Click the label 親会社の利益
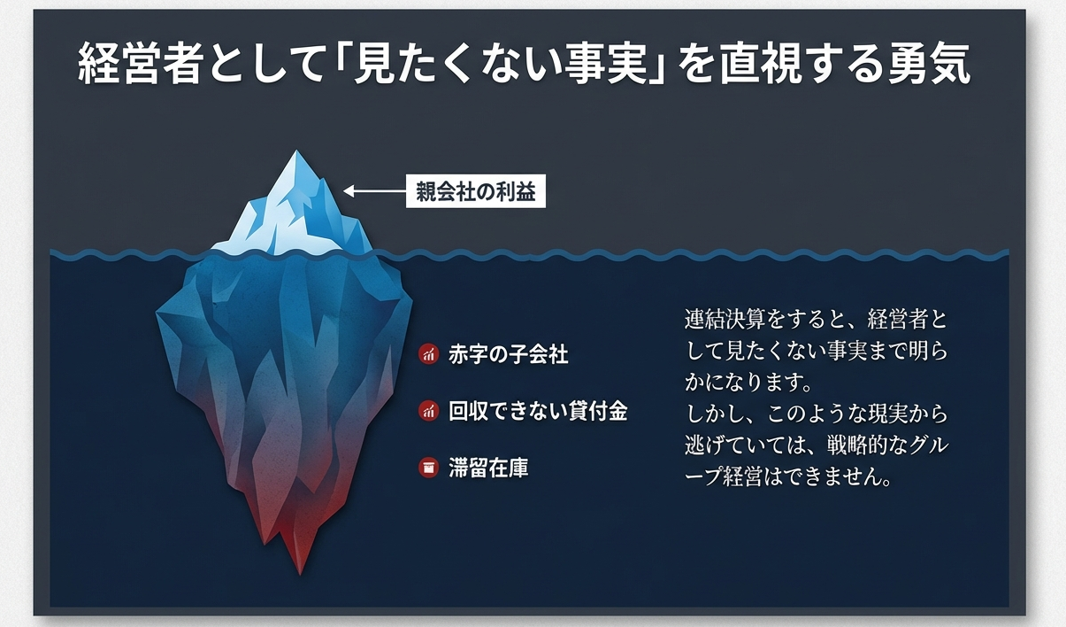pyautogui.click(x=475, y=191)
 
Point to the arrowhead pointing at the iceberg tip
pyautogui.click(x=349, y=191)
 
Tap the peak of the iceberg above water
pyautogui.click(x=296, y=151)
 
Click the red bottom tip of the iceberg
pyautogui.click(x=300, y=572)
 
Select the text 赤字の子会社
pyautogui.click(x=508, y=354)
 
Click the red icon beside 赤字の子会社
pyautogui.click(x=428, y=354)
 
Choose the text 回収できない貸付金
pyautogui.click(x=538, y=411)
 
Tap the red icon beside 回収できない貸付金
pyautogui.click(x=428, y=411)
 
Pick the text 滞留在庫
pyautogui.click(x=488, y=468)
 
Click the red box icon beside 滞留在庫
pyautogui.click(x=428, y=468)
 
